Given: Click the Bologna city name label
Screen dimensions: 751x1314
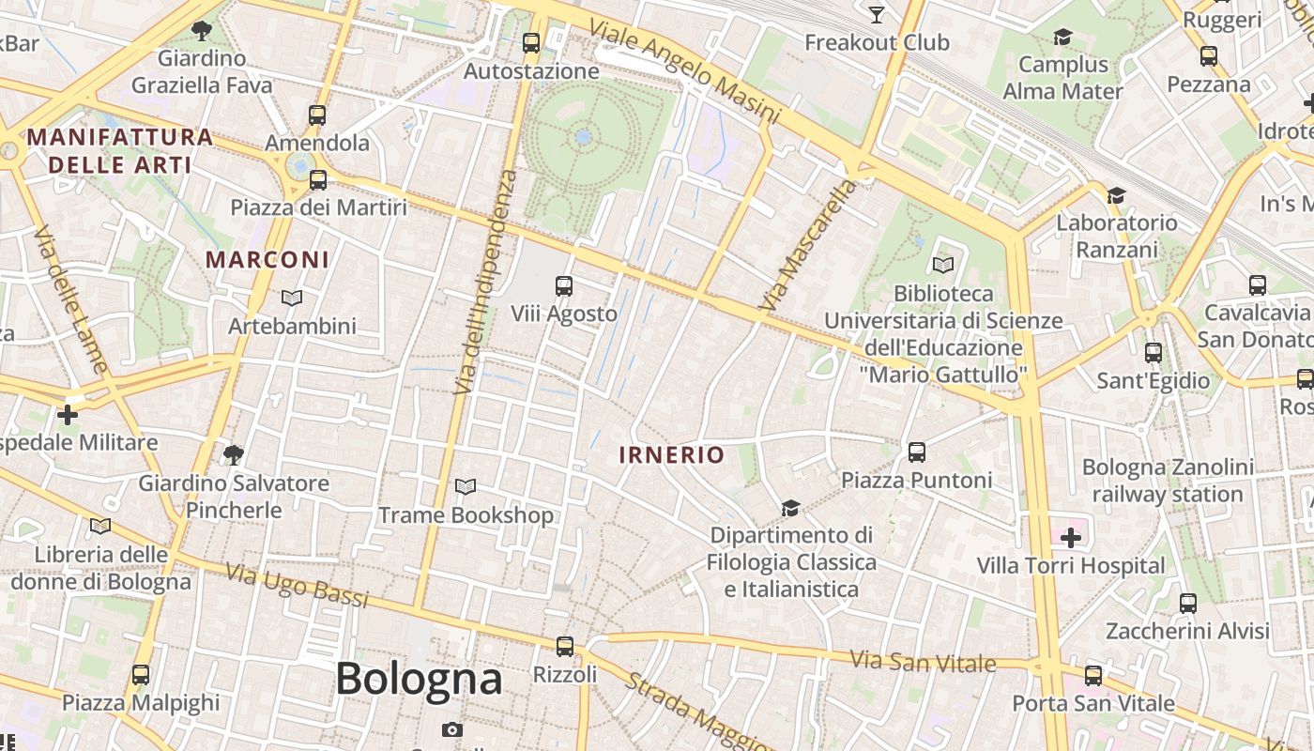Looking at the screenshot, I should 419,679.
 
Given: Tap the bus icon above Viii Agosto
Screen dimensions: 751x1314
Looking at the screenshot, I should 564,286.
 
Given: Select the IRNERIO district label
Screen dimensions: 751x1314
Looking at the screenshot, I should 671,455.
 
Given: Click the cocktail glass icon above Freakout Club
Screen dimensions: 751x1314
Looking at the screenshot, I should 877,14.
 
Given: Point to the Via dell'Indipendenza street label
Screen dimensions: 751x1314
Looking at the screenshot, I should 484,282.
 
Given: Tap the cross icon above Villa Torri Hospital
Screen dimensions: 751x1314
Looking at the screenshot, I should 1071,538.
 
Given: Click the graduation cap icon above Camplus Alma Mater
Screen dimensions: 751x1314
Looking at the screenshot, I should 1062,37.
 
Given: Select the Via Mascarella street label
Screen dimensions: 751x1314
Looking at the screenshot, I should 809,245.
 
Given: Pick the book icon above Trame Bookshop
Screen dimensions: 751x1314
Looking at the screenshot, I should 466,487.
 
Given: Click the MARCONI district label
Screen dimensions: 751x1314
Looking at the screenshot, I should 267,260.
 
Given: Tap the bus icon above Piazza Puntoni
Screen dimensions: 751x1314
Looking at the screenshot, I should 917,452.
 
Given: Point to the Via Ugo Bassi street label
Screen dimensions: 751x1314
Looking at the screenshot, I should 298,584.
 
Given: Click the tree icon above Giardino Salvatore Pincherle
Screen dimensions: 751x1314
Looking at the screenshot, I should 234,455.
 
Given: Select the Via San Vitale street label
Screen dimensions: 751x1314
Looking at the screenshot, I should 923,662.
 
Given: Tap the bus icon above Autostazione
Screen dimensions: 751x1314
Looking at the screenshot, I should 531,43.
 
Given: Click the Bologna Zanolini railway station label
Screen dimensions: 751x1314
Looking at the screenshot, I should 1168,481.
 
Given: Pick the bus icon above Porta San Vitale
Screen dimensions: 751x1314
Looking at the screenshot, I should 1093,675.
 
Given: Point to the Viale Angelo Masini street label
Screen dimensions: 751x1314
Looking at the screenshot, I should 684,70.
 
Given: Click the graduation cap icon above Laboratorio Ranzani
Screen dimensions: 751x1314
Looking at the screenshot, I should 1116,195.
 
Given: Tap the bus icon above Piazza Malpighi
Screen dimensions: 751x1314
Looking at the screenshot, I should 141,674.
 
